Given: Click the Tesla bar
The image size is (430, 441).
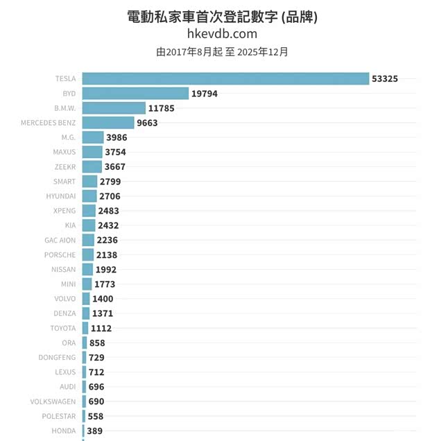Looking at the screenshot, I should (225, 78).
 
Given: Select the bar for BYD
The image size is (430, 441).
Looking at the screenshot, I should (135, 93).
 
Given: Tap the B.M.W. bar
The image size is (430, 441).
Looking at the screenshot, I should (114, 108).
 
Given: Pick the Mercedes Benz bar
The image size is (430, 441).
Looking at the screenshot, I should (108, 123).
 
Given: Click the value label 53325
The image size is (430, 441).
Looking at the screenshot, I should (385, 79).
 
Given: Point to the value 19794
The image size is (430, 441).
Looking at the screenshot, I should (205, 94).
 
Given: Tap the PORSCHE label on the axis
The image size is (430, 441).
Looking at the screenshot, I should (60, 254).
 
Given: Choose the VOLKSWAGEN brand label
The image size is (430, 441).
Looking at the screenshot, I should (53, 401).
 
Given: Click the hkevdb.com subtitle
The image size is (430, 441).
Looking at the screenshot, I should (222, 33).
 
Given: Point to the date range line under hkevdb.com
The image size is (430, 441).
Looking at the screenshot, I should (222, 51).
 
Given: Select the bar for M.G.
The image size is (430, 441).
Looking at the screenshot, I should (93, 137).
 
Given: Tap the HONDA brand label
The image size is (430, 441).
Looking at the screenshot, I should (64, 431).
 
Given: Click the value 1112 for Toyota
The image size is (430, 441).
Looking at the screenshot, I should (101, 328).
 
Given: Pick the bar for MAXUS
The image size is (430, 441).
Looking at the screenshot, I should (92, 152).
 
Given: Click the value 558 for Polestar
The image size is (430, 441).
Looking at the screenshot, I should (96, 416).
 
